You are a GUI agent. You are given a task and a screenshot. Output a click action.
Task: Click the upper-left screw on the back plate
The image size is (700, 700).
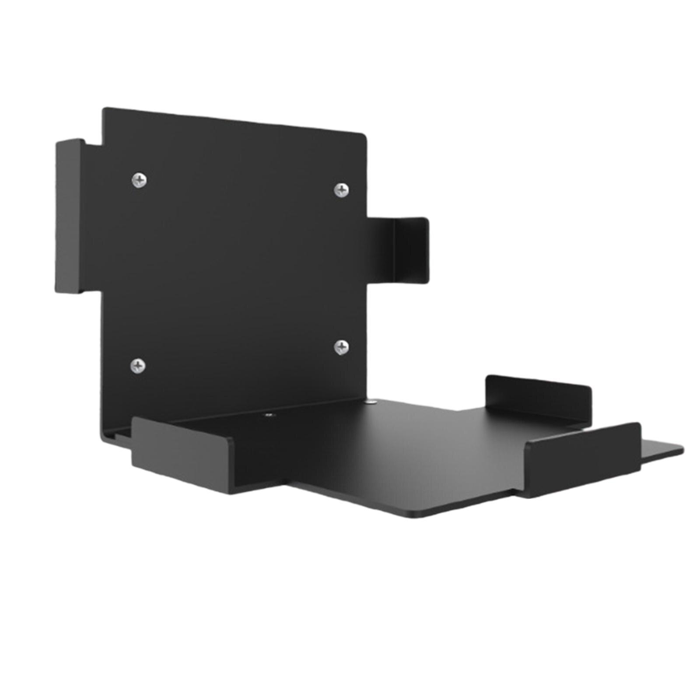coord(139,179)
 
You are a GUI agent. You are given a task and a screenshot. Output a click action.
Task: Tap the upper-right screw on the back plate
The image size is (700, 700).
coord(341,190)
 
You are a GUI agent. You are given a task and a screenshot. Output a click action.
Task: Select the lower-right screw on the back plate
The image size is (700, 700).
coord(341,347)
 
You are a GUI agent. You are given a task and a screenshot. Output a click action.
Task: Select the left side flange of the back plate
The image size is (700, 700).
coord(69,217)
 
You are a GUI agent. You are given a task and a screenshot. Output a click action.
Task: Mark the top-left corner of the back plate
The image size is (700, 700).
coord(104,109)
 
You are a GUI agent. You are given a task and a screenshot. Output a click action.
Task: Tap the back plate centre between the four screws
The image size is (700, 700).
coord(241,271)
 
